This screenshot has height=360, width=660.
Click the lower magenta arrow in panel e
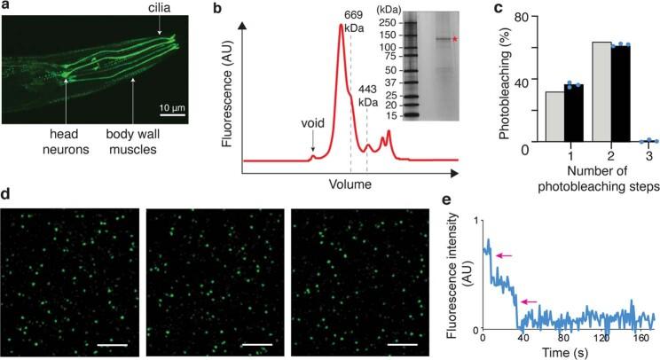point(530,302)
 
